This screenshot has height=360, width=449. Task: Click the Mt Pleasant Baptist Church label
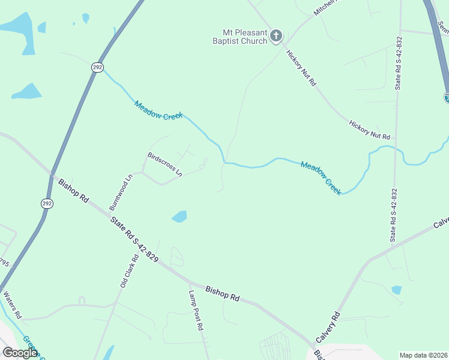[x=244, y=36]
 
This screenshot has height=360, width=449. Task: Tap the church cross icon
[x=276, y=36]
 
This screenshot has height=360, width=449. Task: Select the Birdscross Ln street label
[x=165, y=164]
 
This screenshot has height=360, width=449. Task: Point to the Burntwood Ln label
[x=121, y=192]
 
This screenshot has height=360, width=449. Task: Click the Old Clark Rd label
[x=129, y=271]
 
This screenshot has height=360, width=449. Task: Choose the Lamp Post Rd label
[x=196, y=311]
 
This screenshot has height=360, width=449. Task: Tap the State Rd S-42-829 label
[x=134, y=239]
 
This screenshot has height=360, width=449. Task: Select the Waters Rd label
[x=12, y=305]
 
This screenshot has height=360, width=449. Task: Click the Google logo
[x=20, y=352]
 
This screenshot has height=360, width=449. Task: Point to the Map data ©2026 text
[x=424, y=355]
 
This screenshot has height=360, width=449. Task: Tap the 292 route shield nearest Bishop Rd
[x=47, y=204]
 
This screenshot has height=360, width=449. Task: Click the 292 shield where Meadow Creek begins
[x=97, y=67]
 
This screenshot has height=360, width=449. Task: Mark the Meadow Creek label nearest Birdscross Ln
[x=158, y=110]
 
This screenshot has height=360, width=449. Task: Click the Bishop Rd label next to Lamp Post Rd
[x=222, y=293]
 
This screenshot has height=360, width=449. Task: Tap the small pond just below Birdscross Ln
[x=179, y=216]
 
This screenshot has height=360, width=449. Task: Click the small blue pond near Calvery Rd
[x=396, y=290]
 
